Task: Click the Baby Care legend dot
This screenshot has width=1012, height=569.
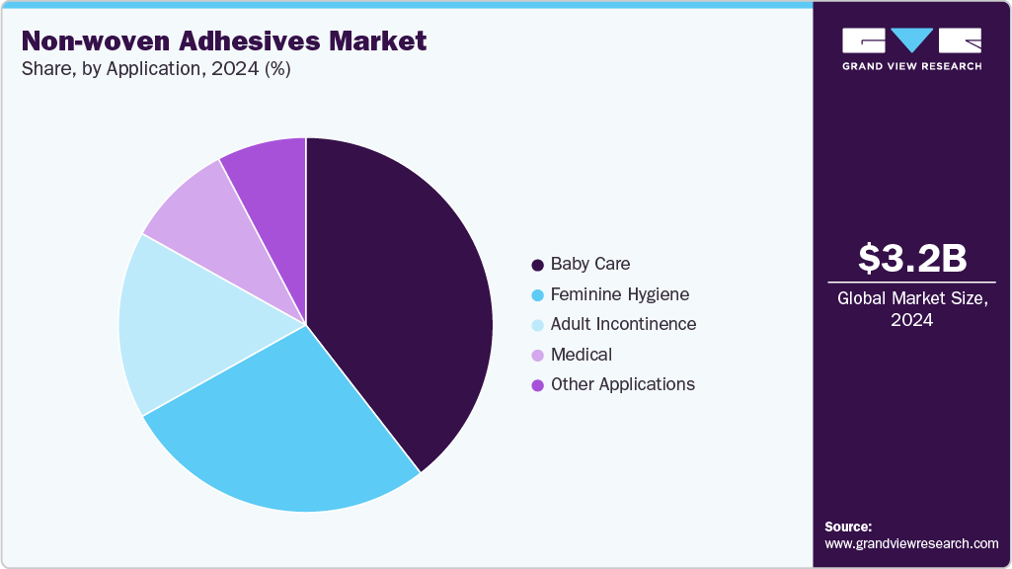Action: coord(538,265)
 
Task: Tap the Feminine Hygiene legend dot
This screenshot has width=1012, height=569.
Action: coord(538,295)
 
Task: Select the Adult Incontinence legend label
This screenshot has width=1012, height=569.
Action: coord(623,324)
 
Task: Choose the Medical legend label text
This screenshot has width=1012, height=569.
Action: coord(582,355)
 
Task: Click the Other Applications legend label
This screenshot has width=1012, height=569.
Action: coord(623,384)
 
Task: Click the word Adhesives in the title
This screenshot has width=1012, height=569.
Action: coord(249,41)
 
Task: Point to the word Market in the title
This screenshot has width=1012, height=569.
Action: coord(377,41)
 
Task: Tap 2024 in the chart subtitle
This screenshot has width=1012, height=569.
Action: coord(236,68)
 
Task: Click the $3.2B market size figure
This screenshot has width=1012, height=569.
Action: coord(912,258)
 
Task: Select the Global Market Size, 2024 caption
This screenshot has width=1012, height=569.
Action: coord(912,309)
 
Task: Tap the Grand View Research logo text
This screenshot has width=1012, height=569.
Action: coord(912,66)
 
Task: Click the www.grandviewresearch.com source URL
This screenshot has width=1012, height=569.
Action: coord(911,544)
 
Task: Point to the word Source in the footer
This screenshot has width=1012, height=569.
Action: coord(848,527)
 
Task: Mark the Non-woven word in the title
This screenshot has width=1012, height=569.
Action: coord(96,41)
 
